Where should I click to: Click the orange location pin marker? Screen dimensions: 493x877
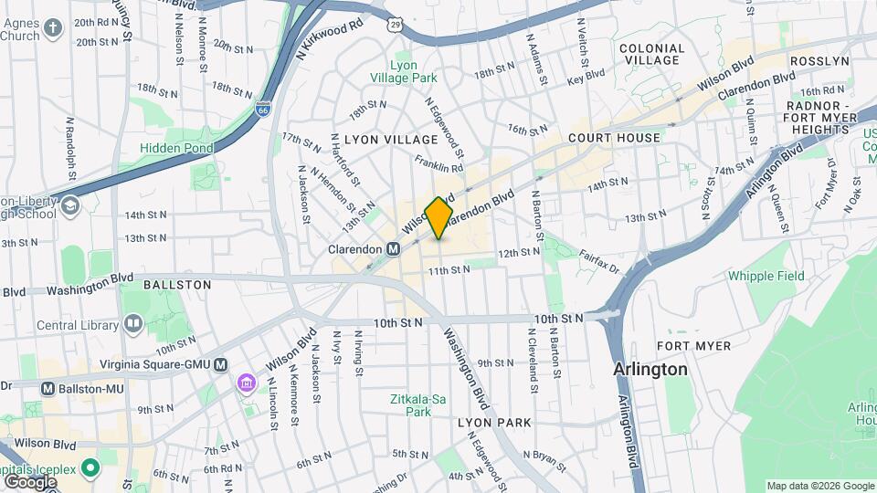439,218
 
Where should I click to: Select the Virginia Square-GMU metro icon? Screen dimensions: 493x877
220,364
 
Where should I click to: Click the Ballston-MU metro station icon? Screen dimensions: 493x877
48,388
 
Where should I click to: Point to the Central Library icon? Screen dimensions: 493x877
133,324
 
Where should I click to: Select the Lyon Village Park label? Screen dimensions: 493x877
414,72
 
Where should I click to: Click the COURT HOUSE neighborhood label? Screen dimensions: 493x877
613,138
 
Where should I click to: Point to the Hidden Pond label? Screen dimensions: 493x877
176,148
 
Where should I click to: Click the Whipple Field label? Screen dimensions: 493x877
766,276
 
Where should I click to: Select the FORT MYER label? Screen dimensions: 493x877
693,346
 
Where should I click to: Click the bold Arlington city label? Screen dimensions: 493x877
650,370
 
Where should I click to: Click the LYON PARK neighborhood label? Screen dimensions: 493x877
493,423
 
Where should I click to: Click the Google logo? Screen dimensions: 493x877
29,481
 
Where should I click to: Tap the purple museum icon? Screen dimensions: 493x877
246,383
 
